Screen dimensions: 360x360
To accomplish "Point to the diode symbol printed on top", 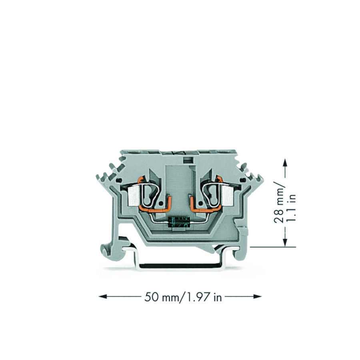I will tap(179, 153).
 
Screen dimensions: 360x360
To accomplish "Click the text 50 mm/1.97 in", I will tap(183, 297).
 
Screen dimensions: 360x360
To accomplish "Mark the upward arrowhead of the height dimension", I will tap(285, 162).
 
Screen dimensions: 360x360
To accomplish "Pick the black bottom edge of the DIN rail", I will tap(180, 265).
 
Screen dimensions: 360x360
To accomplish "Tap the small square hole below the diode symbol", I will tap(186, 160).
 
